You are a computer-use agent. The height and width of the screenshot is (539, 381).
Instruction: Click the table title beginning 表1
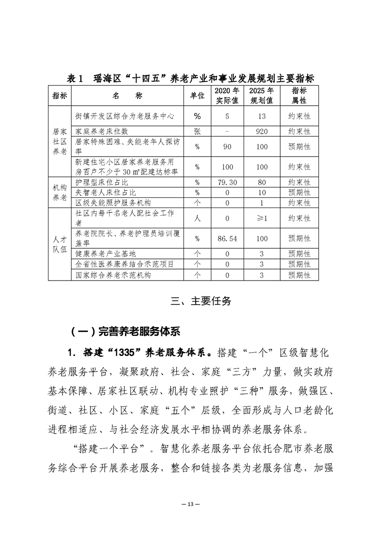[x=190, y=79]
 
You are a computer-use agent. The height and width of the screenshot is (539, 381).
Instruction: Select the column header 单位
[x=197, y=96]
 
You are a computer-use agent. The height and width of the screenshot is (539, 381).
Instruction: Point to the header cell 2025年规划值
[x=262, y=96]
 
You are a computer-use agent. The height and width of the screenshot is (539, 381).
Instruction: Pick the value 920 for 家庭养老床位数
[x=262, y=131]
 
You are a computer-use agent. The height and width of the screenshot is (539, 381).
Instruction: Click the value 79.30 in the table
[x=227, y=183]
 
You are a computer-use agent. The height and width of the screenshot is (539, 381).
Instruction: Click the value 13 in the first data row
[x=262, y=116]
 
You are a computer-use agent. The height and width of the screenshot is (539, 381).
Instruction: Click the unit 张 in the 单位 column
[x=197, y=131]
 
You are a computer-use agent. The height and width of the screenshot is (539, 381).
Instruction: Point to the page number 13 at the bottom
[x=190, y=503]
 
